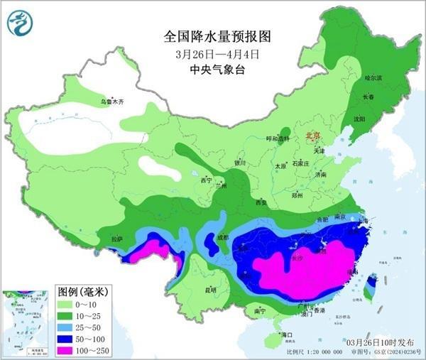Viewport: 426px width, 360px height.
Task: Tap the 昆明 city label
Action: coord(209,290)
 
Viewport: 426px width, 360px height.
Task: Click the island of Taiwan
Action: coord(369,286)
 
